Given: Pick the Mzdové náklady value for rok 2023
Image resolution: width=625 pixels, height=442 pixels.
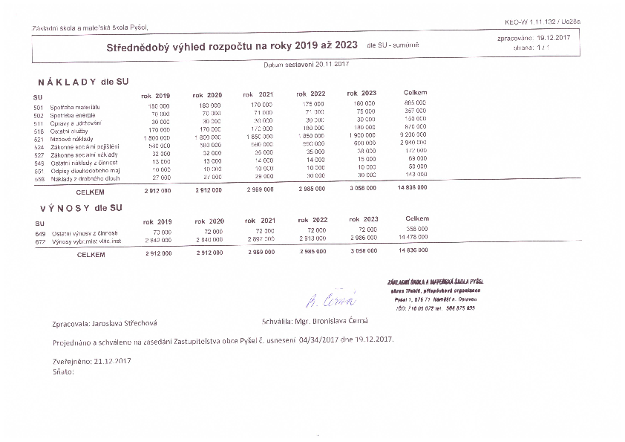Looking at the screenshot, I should [361, 135].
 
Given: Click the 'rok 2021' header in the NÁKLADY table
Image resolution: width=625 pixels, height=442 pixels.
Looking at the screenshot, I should [258, 94].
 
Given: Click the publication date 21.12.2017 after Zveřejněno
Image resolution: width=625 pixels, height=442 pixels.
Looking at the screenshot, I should [113, 360].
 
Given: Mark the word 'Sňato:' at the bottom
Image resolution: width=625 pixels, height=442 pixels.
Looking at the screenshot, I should [63, 370].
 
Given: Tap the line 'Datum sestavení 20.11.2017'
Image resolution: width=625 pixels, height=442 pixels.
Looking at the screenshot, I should [306, 65].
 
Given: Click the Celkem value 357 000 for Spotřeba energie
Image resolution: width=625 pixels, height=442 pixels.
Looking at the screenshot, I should [415, 111].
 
